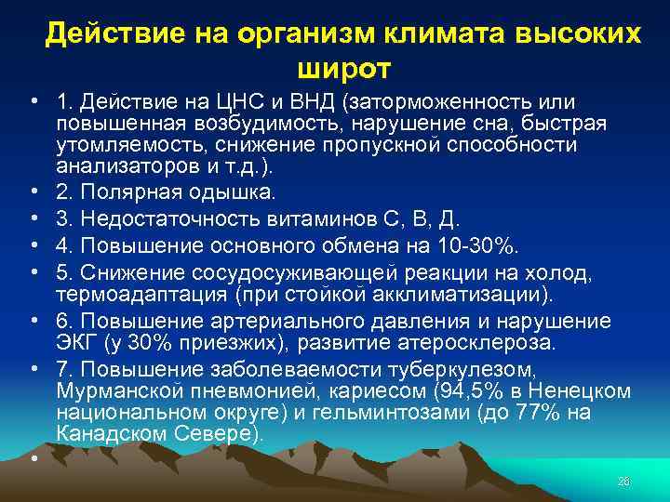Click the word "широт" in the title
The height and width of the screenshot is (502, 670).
(x=344, y=68)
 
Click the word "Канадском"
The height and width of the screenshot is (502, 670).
(x=107, y=433)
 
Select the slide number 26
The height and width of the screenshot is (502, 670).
(x=623, y=481)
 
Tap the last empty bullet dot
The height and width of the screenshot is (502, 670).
(x=33, y=458)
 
